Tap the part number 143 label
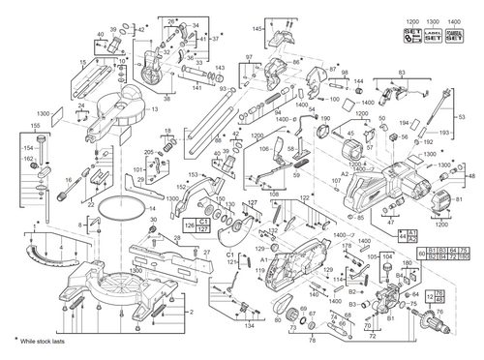pyautogui.click(x=221, y=68)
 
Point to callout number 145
pyautogui.click(x=231, y=30)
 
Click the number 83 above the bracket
pyautogui.click(x=402, y=73)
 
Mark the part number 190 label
pyautogui.click(x=325, y=119)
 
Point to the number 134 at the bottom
pyautogui.click(x=249, y=326)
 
